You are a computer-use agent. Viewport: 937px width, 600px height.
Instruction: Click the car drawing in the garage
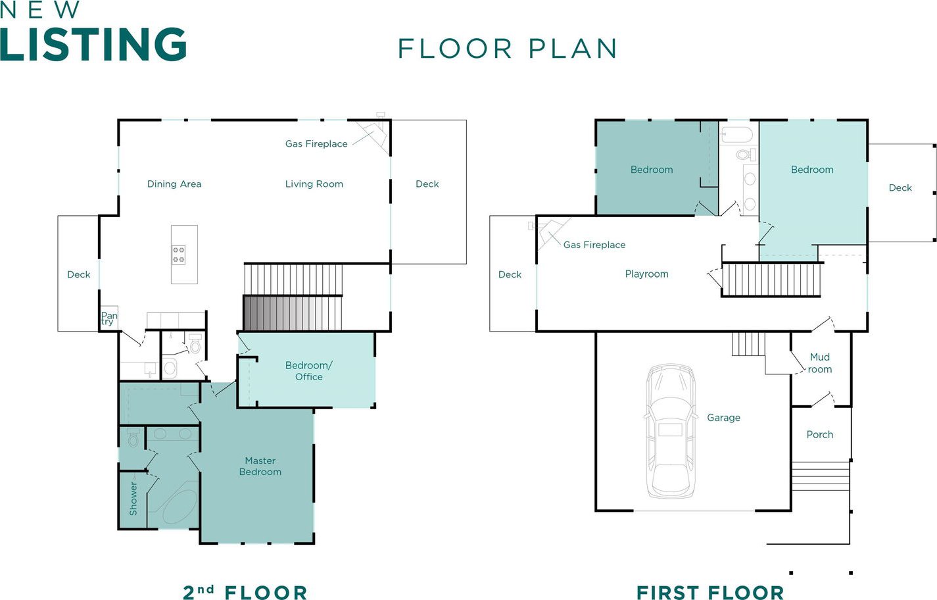click(x=671, y=431)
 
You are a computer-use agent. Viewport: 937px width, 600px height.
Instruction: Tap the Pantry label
click(x=109, y=318)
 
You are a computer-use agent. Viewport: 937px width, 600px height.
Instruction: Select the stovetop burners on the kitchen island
click(x=179, y=255)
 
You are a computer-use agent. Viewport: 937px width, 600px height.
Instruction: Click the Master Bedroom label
click(x=260, y=466)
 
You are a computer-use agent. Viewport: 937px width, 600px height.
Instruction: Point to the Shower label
click(x=133, y=498)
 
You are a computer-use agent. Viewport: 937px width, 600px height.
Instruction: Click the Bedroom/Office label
click(x=308, y=370)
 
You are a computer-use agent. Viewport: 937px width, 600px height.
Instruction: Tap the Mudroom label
click(x=819, y=363)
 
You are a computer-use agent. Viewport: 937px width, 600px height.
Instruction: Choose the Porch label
click(x=820, y=435)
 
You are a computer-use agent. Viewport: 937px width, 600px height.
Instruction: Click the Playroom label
click(x=647, y=274)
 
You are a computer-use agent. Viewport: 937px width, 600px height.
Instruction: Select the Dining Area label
click(x=174, y=184)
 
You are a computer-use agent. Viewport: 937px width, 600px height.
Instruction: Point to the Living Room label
click(x=314, y=184)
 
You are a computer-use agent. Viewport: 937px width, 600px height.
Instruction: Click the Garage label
click(x=724, y=418)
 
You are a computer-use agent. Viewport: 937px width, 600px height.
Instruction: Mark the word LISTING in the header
click(x=93, y=44)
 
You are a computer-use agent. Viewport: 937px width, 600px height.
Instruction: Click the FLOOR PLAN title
click(x=508, y=48)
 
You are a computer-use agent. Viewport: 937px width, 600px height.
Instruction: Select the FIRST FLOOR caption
click(x=710, y=593)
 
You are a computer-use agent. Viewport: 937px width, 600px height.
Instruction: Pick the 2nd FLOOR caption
click(x=245, y=592)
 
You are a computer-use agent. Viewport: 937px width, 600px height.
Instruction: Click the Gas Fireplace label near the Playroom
click(x=594, y=245)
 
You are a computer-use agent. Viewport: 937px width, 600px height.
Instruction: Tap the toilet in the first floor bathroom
click(x=746, y=155)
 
